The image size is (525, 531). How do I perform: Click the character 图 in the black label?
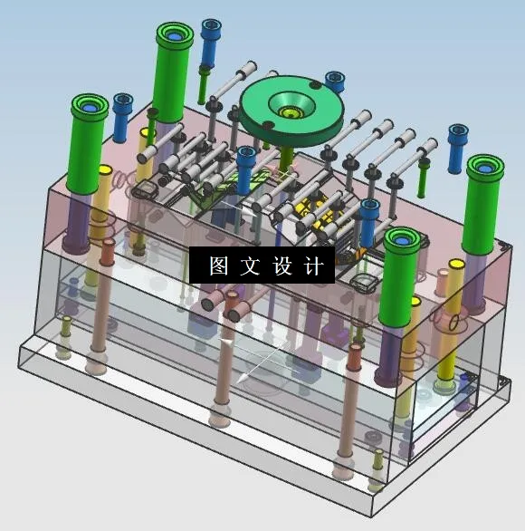(x=218, y=265)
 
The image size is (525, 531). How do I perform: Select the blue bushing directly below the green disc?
(x=245, y=166)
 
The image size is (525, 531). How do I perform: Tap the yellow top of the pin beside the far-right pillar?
(x=456, y=265)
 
